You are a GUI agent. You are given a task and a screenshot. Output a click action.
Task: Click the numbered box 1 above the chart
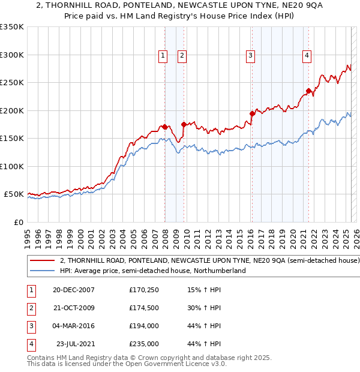click(x=163, y=56)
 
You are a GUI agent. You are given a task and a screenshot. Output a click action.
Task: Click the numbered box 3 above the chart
click(x=250, y=56)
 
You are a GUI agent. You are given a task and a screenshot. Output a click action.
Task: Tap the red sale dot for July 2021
click(x=308, y=91)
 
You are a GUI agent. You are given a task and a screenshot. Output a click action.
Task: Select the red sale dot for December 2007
click(x=164, y=127)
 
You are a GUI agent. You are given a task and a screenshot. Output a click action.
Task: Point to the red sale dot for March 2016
click(x=252, y=113)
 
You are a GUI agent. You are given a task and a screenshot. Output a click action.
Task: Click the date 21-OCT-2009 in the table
click(x=74, y=308)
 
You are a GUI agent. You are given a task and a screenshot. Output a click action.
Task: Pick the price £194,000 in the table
click(x=143, y=326)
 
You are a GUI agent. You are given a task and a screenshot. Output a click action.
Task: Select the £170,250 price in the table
click(x=143, y=290)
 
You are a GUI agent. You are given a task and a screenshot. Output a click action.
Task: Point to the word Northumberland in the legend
click(x=222, y=271)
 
